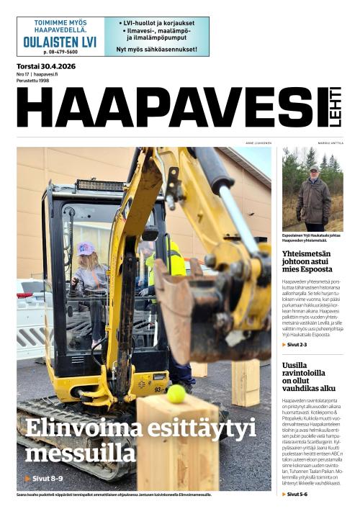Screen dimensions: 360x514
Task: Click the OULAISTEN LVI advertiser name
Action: (60, 41)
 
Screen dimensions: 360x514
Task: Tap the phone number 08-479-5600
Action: (60, 53)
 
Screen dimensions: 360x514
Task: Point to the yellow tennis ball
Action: (176, 393)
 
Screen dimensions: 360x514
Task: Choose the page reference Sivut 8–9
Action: (45, 478)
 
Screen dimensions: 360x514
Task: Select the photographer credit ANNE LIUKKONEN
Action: (258, 143)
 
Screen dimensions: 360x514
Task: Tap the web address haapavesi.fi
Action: (46, 73)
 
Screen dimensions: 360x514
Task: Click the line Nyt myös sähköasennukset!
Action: (156, 49)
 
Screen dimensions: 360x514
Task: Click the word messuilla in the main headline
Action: (80, 454)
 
